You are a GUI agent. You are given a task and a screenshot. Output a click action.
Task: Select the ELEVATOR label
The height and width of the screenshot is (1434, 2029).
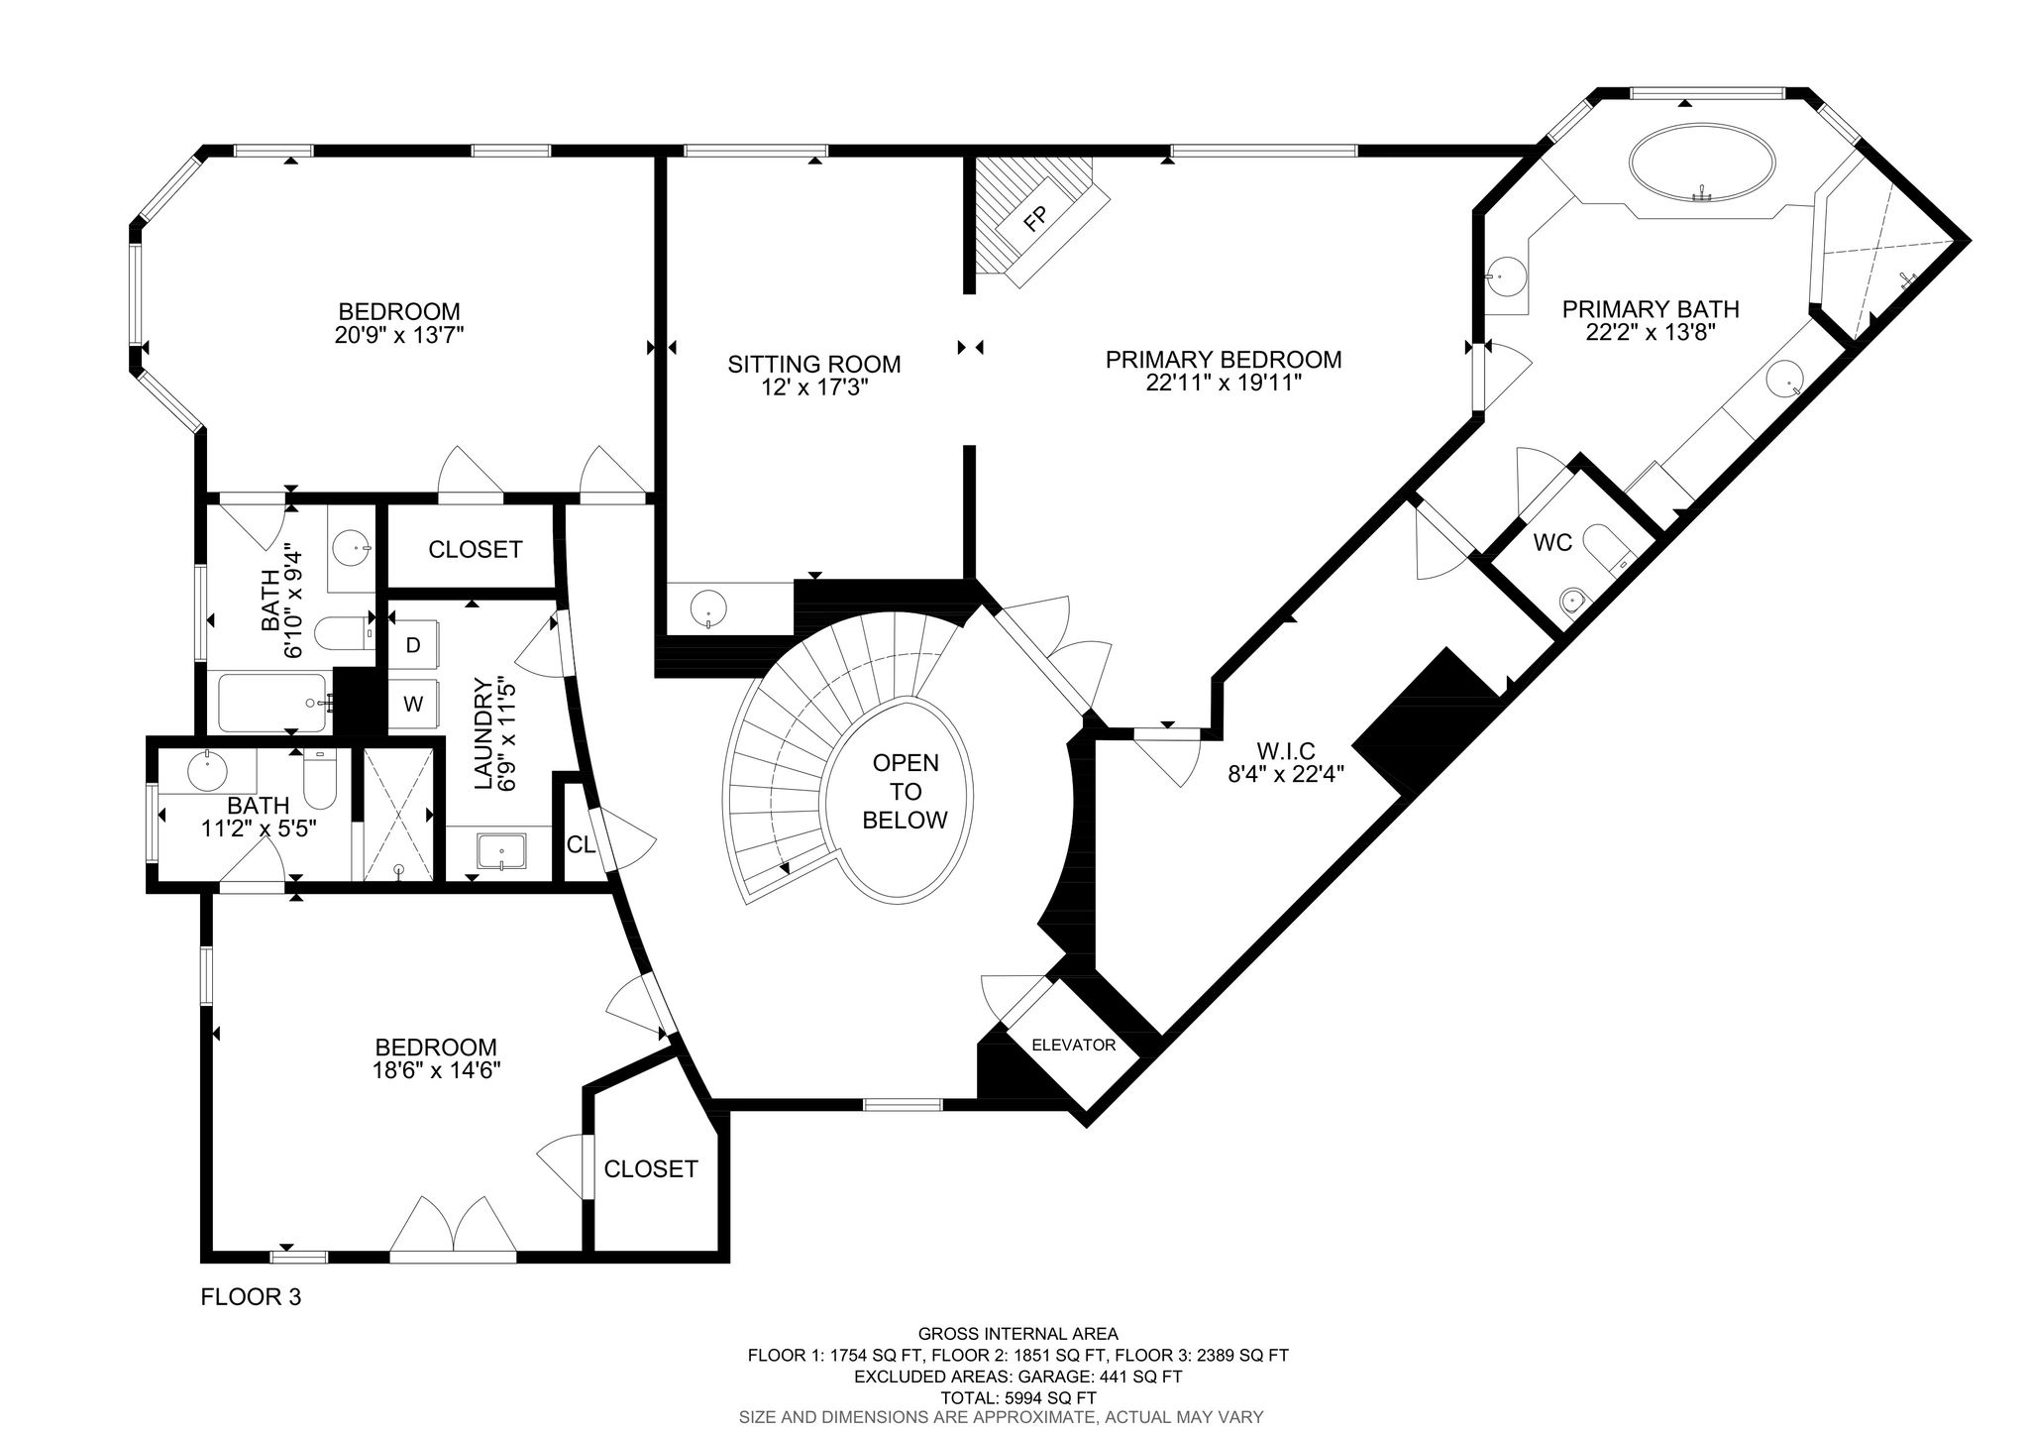click(x=1074, y=1045)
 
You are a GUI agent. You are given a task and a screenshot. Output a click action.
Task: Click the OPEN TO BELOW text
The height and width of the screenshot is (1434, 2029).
click(x=906, y=792)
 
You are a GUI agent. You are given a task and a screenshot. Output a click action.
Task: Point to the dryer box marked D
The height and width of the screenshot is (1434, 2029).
click(x=413, y=645)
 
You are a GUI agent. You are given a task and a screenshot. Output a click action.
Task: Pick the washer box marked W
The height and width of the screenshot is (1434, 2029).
click(x=413, y=705)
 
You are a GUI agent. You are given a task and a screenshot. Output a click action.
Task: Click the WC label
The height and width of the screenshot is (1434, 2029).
click(x=1552, y=543)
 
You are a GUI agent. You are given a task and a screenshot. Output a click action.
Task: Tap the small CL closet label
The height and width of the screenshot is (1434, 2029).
click(x=581, y=845)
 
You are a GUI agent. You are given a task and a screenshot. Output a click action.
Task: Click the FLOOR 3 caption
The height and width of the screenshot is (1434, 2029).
click(x=251, y=1296)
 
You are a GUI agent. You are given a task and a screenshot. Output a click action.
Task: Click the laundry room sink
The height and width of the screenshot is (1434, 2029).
click(x=501, y=853)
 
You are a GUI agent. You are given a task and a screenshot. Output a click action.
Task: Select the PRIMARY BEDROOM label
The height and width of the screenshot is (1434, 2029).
click(x=1224, y=359)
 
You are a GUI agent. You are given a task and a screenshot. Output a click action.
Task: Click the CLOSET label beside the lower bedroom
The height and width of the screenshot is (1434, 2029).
click(x=651, y=1169)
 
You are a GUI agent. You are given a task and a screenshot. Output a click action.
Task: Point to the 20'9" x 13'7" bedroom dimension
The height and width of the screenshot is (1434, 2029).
click(x=399, y=334)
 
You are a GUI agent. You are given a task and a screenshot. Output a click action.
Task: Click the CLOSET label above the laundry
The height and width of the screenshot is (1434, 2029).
click(x=476, y=549)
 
